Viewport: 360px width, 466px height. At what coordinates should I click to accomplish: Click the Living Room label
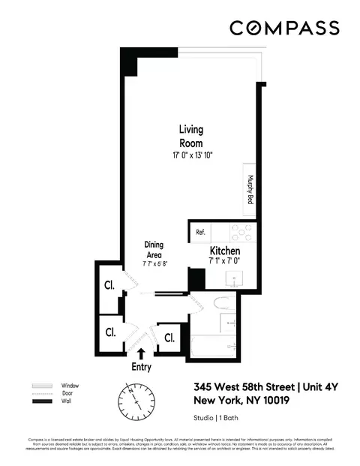tap(190, 136)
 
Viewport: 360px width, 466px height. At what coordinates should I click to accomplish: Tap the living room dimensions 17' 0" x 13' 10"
tap(190, 155)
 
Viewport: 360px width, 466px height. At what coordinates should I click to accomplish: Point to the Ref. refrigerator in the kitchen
tap(200, 233)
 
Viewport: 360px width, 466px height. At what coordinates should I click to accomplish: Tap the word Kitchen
tap(223, 251)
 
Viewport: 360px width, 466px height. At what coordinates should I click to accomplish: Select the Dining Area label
tap(154, 250)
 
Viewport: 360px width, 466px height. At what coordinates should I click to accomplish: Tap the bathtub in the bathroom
tap(214, 346)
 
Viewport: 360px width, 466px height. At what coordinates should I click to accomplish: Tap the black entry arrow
tap(142, 353)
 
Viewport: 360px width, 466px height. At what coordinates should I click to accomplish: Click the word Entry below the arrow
tap(141, 368)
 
